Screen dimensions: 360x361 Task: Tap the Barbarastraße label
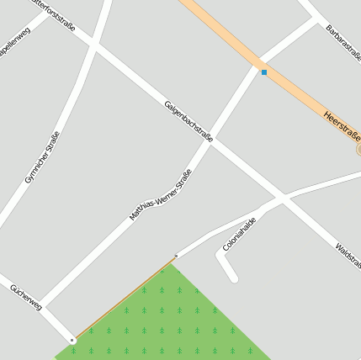click(342, 40)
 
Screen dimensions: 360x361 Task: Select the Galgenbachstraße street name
click(188, 120)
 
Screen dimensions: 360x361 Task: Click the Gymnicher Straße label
click(42, 158)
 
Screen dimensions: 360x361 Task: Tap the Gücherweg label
click(25, 297)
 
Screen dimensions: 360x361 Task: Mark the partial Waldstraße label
click(348, 257)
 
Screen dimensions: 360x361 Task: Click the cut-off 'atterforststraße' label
click(52, 14)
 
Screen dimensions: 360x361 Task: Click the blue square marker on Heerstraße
click(264, 72)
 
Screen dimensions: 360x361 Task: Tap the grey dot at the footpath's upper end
click(176, 255)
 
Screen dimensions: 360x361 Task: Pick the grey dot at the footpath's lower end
click(72, 340)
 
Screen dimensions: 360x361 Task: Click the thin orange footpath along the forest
click(125, 299)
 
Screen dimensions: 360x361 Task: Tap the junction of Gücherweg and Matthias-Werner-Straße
click(41, 304)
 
